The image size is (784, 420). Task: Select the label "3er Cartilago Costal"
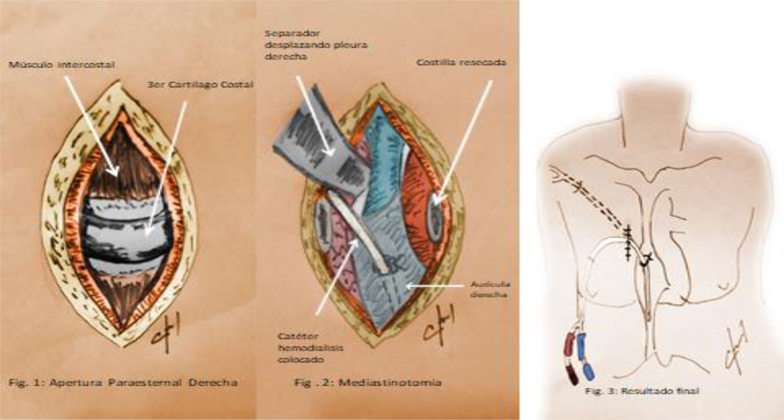point(200,85)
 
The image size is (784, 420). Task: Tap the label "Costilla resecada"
point(461,63)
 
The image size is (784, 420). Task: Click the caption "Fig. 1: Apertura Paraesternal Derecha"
point(123,382)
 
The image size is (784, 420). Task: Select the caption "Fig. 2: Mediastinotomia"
point(368,382)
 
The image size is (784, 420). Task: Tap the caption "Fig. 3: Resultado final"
point(642,391)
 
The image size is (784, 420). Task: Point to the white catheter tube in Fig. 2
point(363,239)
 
